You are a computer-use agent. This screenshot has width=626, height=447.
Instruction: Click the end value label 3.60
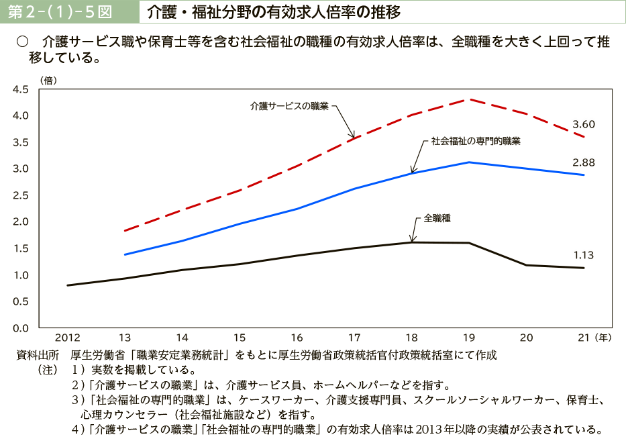[583, 124]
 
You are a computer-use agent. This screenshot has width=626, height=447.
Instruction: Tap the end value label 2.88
[583, 162]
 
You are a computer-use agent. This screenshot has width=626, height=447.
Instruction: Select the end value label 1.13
[583, 255]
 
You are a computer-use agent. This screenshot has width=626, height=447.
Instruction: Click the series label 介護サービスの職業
[289, 106]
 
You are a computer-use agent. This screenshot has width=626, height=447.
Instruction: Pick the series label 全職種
[437, 219]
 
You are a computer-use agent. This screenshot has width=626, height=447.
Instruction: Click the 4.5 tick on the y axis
[21, 89]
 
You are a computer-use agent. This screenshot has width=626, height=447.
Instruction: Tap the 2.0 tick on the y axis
[21, 221]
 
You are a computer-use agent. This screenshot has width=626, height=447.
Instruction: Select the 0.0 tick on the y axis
[21, 328]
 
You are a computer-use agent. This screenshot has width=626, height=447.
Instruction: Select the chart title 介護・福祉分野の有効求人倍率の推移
[273, 12]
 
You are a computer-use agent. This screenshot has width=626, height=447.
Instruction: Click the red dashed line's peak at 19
[469, 99]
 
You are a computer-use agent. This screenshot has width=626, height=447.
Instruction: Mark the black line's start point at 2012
[68, 285]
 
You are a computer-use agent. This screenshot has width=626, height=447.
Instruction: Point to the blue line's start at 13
[125, 254]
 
